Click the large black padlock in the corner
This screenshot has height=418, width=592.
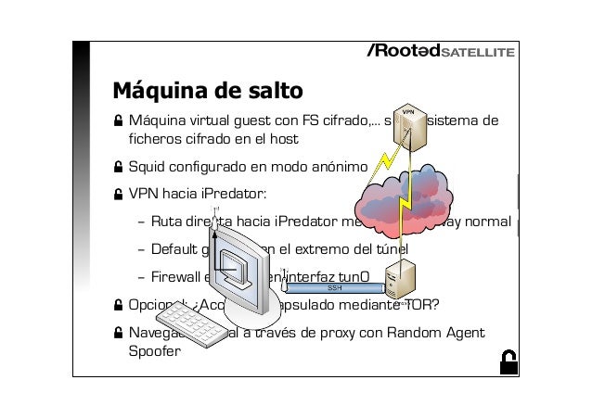508,362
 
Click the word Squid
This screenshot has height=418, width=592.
147,167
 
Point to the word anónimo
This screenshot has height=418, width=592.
341,167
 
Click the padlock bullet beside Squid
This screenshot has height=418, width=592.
118,167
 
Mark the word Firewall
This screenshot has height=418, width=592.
177,276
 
